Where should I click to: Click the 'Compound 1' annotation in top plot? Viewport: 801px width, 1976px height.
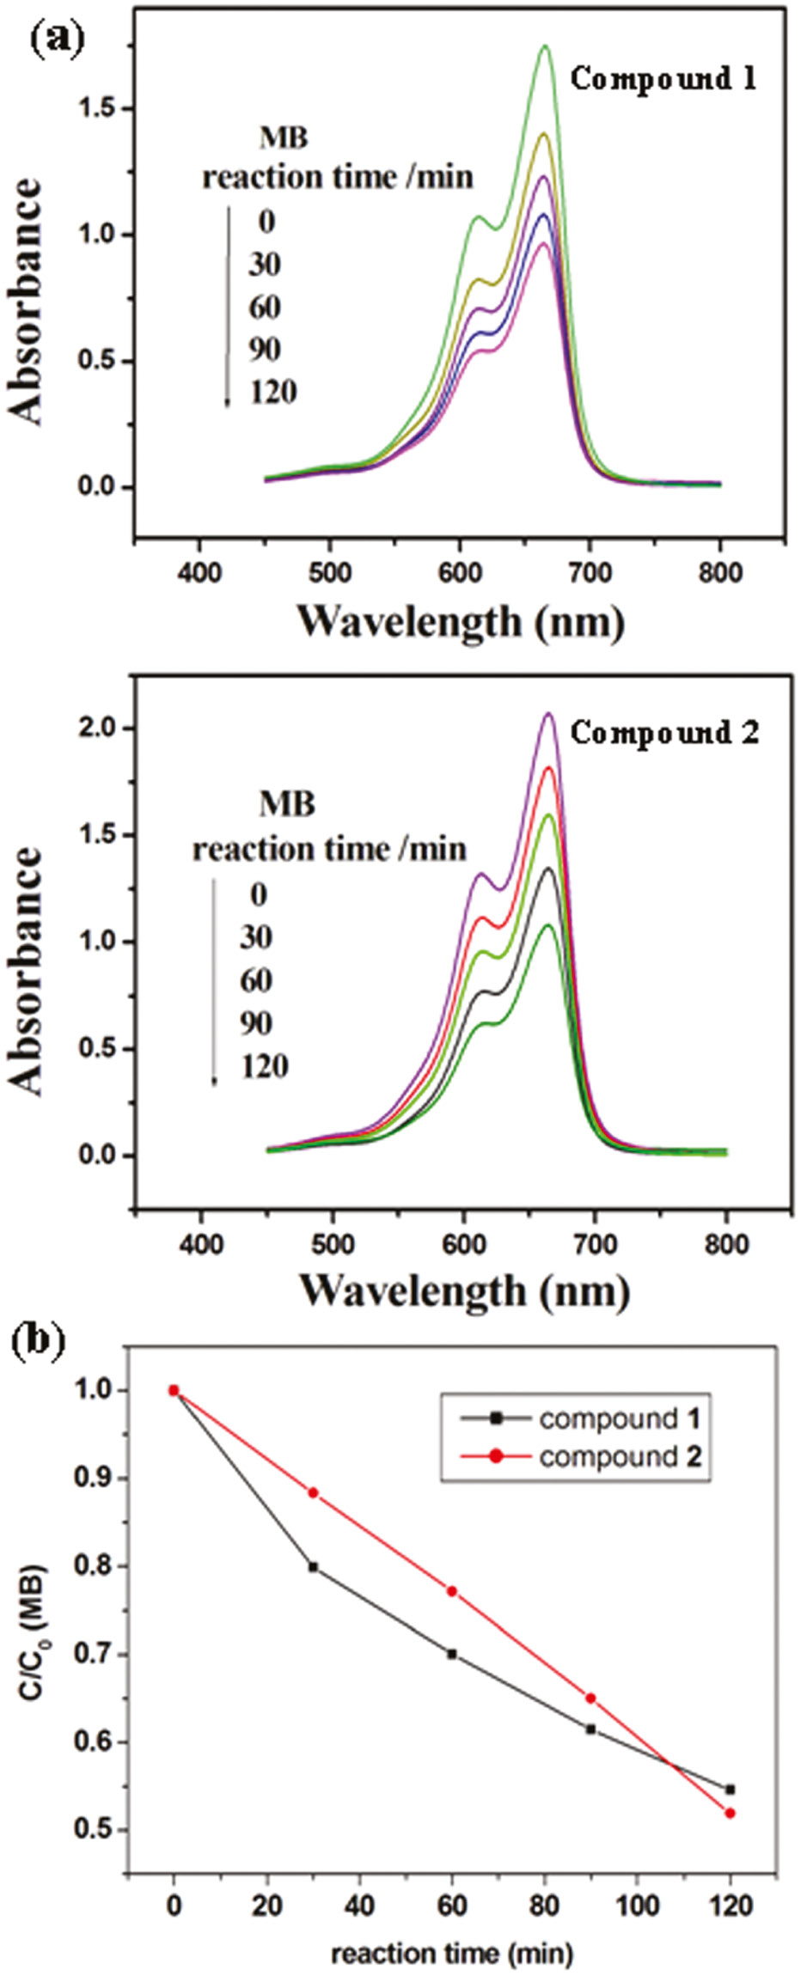[x=663, y=79]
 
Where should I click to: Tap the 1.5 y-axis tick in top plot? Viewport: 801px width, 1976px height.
[x=101, y=109]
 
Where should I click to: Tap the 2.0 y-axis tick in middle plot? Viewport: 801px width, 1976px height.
[x=101, y=729]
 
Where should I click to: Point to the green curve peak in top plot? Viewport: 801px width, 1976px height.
[x=545, y=46]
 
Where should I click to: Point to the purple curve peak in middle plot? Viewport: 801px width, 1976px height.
[x=549, y=713]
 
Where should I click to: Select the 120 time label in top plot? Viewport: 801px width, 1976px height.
[x=273, y=393]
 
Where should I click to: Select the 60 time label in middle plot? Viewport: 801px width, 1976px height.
[x=256, y=980]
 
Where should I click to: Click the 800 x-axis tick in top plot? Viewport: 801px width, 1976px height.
[x=719, y=573]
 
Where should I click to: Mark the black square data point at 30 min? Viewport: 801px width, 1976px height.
[x=313, y=1566]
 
